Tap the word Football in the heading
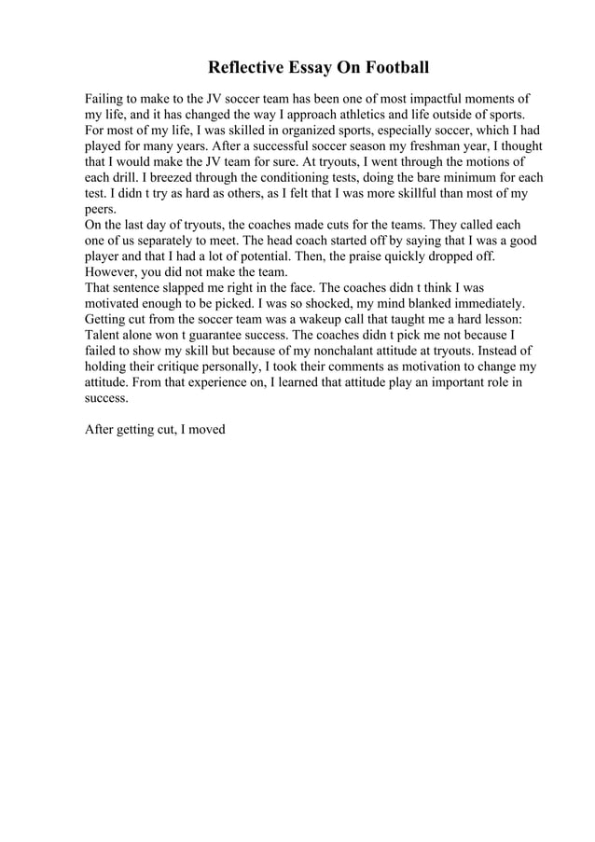pos(395,68)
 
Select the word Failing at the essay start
pos(105,99)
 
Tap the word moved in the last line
pos(207,430)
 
